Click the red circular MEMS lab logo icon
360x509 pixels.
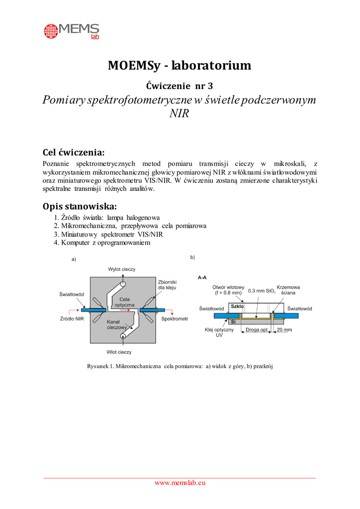(52, 31)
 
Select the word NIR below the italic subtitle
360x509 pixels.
(180, 113)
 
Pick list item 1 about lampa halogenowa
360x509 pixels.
(106, 218)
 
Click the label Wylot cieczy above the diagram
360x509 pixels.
(122, 269)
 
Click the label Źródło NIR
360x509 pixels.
(72, 318)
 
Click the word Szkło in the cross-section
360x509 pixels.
(238, 307)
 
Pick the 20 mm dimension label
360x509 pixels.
(284, 330)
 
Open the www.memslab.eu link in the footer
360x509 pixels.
(180, 483)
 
